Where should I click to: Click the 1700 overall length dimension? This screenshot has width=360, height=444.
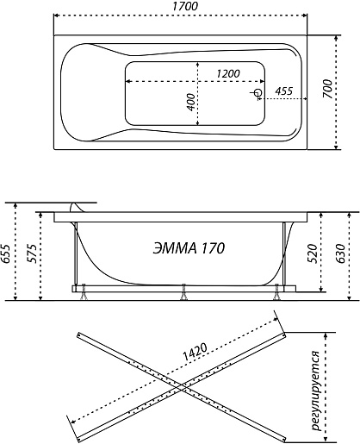click(184, 6)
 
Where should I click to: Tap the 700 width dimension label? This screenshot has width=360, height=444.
click(328, 89)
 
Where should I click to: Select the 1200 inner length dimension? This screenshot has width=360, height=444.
click(227, 73)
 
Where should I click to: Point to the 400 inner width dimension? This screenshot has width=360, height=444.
click(190, 102)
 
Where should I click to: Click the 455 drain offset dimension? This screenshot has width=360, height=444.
click(283, 91)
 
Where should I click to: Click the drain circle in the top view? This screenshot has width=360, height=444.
click(258, 92)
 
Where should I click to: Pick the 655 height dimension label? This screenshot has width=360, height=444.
click(5, 253)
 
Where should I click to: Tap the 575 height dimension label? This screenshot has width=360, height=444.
click(32, 253)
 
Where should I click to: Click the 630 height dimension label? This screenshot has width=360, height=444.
click(340, 253)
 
